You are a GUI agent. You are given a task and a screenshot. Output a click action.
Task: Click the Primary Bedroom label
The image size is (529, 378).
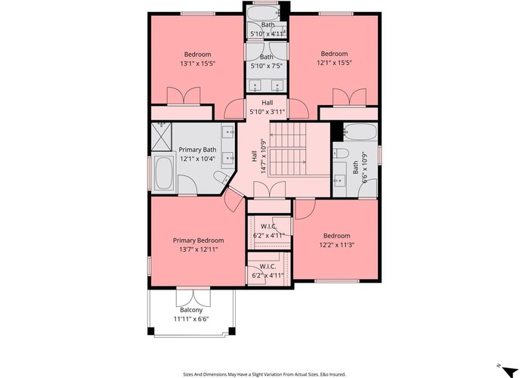pyautogui.click(x=198, y=240)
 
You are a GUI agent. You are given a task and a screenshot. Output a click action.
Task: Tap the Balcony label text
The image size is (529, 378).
pyautogui.click(x=191, y=310)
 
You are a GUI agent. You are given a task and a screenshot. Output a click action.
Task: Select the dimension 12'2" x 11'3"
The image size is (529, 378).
pyautogui.click(x=337, y=245)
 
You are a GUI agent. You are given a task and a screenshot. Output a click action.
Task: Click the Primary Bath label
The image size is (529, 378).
pyautogui.click(x=197, y=150)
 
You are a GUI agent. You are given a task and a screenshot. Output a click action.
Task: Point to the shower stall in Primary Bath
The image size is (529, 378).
pyautogui.click(x=161, y=136)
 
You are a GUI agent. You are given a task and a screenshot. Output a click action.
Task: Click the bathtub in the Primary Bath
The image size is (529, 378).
pyautogui.click(x=164, y=172)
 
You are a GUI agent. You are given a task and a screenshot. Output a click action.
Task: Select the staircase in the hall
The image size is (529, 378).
pyautogui.click(x=288, y=148)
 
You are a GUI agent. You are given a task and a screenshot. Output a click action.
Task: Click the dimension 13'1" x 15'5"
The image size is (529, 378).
pyautogui.click(x=198, y=63)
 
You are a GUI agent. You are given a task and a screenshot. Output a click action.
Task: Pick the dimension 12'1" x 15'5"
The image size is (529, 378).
pyautogui.click(x=334, y=63)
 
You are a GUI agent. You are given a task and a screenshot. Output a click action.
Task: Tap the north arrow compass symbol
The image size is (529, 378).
pyautogui.click(x=509, y=370)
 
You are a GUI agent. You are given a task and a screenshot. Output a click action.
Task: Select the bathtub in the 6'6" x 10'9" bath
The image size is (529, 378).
pyautogui.click(x=360, y=132)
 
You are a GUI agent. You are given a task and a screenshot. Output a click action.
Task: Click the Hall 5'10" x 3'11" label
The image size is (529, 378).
pyautogui.click(x=268, y=107)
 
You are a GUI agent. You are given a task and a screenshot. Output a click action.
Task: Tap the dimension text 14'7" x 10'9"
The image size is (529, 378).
pyautogui.click(x=264, y=156)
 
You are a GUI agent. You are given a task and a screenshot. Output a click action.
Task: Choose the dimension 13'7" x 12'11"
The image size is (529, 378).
pyautogui.click(x=198, y=249)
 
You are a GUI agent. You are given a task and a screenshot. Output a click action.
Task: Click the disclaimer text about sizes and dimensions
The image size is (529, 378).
pyautogui.click(x=264, y=374)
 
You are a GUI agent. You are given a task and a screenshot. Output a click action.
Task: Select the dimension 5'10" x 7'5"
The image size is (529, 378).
pyautogui.click(x=267, y=66)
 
